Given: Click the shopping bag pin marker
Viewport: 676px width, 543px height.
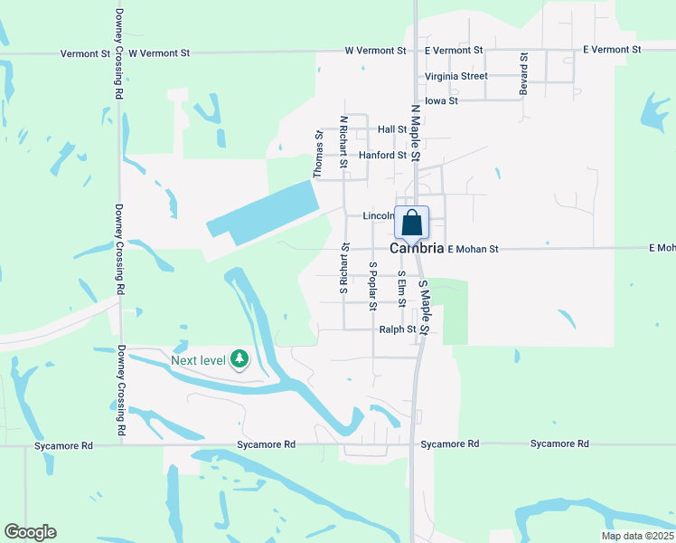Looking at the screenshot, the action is [x=411, y=223].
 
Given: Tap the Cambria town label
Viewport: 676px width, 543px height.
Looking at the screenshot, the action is [x=417, y=248].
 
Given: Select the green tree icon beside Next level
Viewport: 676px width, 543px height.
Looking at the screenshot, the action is [x=239, y=360].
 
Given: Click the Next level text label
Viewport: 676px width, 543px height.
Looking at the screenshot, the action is [x=198, y=360].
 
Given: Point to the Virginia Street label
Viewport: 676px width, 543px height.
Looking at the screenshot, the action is [x=455, y=76].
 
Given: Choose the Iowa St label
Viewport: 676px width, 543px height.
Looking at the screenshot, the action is [x=441, y=100].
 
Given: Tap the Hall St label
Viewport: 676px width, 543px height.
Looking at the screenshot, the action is [x=393, y=130].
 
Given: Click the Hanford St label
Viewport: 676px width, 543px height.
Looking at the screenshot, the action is [x=382, y=155].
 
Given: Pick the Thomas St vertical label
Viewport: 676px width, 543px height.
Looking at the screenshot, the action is [x=318, y=154].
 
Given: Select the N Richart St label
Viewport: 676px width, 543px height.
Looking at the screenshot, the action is [x=343, y=140].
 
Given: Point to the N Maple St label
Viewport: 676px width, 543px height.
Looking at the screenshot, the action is [x=416, y=133].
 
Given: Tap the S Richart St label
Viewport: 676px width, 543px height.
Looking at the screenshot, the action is [x=343, y=268].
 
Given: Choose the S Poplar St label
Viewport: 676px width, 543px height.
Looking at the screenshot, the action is [x=372, y=286].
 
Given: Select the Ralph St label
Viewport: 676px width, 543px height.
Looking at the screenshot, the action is [x=398, y=330].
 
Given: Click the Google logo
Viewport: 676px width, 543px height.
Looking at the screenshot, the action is [x=30, y=532].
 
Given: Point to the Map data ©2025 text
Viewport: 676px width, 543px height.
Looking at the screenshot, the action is [x=635, y=536].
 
